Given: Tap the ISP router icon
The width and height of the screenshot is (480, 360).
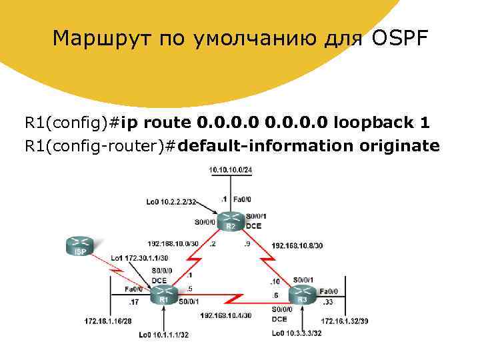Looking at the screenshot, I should pos(80,245).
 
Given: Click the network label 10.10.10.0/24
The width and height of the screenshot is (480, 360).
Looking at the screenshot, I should pos(231,171).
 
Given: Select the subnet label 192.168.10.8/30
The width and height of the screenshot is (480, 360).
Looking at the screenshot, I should pos(297,246).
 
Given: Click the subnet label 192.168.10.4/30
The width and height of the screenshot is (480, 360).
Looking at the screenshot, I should pos(225,315).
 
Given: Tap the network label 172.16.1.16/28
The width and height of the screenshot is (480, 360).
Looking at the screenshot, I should pos(108,321).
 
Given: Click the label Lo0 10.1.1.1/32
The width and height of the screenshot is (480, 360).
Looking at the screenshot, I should pos(164,335).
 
